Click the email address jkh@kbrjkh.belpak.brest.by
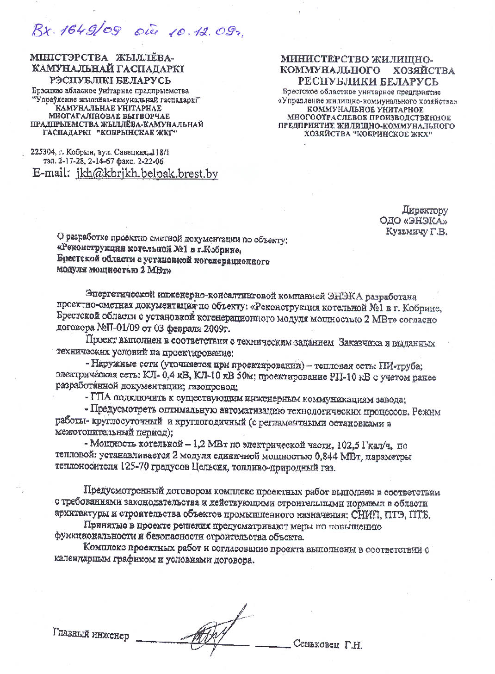coord(147,173)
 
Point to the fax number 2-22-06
coord(149,161)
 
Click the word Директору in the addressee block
coord(424,210)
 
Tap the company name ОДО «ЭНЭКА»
coord(413,221)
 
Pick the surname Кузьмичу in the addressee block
coord(406,232)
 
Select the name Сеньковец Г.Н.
coord(328,644)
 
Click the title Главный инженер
coord(91,634)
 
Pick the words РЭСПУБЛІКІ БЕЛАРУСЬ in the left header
coord(110,80)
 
